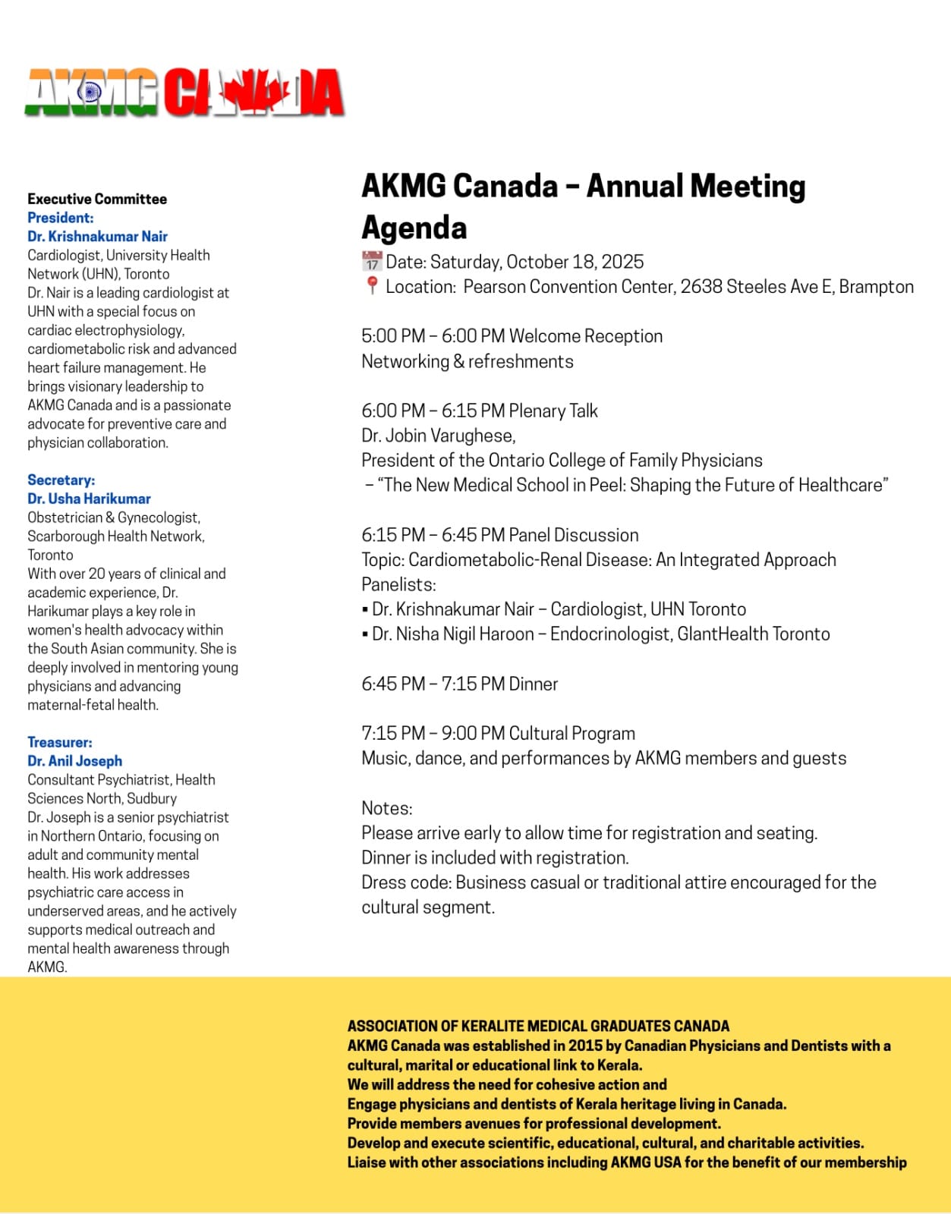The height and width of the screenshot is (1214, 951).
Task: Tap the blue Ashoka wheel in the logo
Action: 90,93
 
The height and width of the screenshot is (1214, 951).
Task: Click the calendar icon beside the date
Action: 371,262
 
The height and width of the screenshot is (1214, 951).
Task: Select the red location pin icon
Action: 371,286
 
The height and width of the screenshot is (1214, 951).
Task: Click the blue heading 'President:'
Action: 61,218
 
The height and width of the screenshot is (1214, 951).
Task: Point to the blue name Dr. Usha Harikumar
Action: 89,498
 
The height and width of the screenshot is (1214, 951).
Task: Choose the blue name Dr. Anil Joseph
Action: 74,760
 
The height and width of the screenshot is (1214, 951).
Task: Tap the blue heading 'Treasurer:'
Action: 60,742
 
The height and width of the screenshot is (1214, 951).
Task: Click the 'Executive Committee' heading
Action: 97,199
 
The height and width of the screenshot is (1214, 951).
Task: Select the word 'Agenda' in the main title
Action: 414,228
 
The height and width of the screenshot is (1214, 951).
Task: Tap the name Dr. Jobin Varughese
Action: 438,436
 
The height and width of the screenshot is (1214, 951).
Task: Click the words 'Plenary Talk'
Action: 553,410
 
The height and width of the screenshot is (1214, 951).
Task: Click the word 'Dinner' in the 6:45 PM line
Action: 533,684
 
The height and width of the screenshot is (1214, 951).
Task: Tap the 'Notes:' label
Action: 387,807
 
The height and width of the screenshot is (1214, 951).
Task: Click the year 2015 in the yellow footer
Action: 585,1046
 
